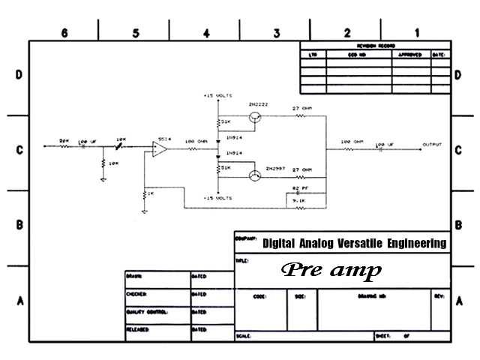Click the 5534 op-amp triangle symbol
(x=159, y=148)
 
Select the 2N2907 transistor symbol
(x=256, y=175)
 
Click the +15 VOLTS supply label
(x=219, y=97)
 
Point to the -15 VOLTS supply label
(x=219, y=198)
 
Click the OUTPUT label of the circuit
(x=432, y=144)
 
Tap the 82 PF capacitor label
(x=300, y=187)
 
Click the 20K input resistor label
(x=64, y=140)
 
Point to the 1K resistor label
(x=150, y=194)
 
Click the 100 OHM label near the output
(x=352, y=142)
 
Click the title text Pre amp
(x=331, y=270)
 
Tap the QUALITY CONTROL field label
(x=147, y=311)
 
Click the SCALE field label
(x=243, y=336)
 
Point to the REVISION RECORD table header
(x=375, y=46)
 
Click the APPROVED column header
(x=409, y=55)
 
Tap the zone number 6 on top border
(x=64, y=32)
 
